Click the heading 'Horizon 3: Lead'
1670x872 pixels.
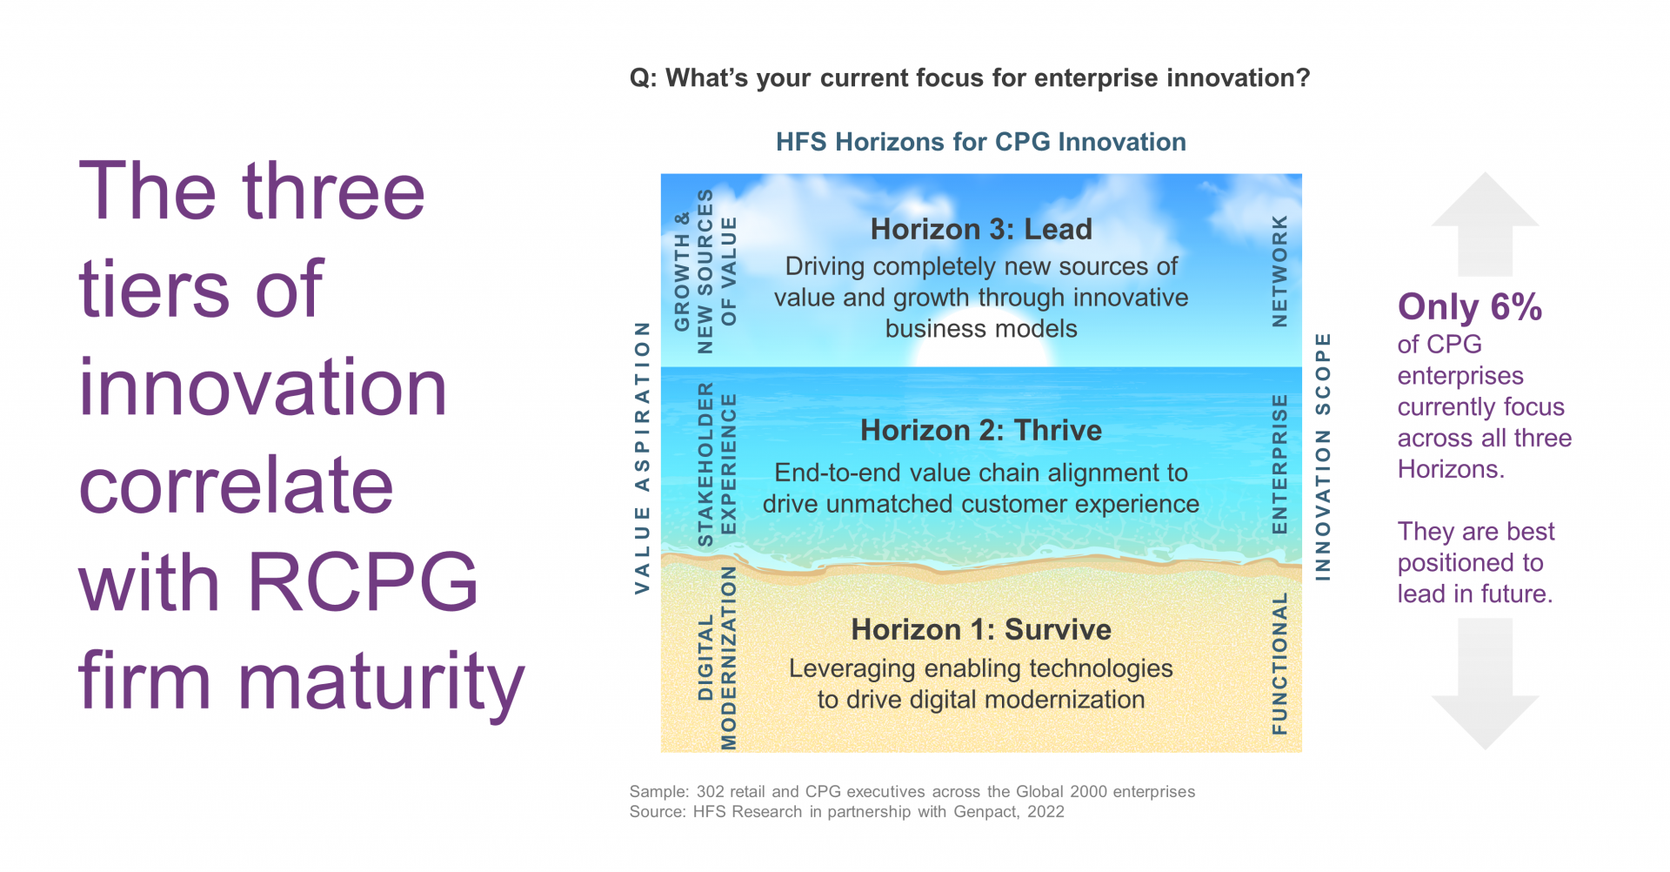click(x=981, y=229)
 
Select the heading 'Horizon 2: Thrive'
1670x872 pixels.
click(x=981, y=430)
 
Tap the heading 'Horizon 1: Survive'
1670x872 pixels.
click(x=981, y=629)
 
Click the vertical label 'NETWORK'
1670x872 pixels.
click(x=1279, y=271)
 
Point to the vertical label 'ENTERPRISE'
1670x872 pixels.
click(x=1279, y=464)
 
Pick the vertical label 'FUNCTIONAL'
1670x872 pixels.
click(x=1279, y=663)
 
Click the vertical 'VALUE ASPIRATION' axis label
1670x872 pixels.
click(x=642, y=458)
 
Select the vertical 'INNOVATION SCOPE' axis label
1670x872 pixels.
click(x=1322, y=456)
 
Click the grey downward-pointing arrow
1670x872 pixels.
click(x=1485, y=684)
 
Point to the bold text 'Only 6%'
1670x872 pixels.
click(x=1470, y=307)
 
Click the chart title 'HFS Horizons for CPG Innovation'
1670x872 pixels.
click(x=981, y=142)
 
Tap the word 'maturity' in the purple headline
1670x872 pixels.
click(x=381, y=681)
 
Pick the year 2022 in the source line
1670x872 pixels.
click(x=1045, y=812)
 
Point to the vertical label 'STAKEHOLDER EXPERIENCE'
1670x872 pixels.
click(x=717, y=465)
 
